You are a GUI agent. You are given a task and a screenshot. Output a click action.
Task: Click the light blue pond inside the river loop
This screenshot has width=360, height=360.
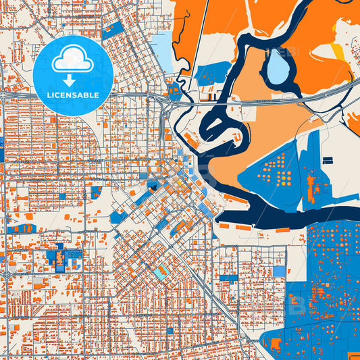tap(277, 66)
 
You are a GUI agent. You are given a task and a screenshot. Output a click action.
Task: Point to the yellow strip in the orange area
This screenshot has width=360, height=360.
tap(338, 53)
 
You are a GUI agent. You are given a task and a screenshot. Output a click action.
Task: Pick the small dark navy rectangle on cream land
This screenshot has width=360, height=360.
tap(328, 161)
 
